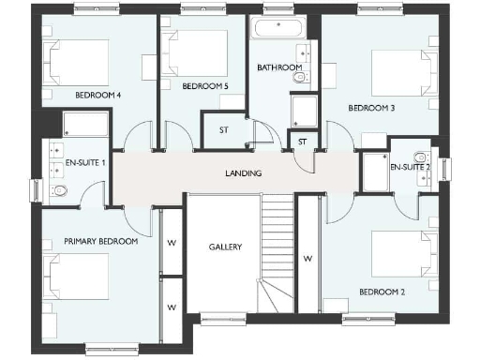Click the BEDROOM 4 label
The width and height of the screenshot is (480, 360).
coord(97,95)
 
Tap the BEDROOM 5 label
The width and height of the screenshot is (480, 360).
coord(205,86)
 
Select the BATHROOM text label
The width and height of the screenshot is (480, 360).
coord(279,67)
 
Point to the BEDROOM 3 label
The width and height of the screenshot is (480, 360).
coord(371,108)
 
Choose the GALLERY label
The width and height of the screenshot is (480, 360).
coord(225,247)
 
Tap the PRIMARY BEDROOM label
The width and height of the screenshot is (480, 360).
coord(100,241)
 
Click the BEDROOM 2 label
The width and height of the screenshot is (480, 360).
coord(382,292)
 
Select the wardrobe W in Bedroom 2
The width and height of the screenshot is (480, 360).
coord(307,256)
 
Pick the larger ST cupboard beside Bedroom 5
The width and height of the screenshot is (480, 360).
coord(224,130)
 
